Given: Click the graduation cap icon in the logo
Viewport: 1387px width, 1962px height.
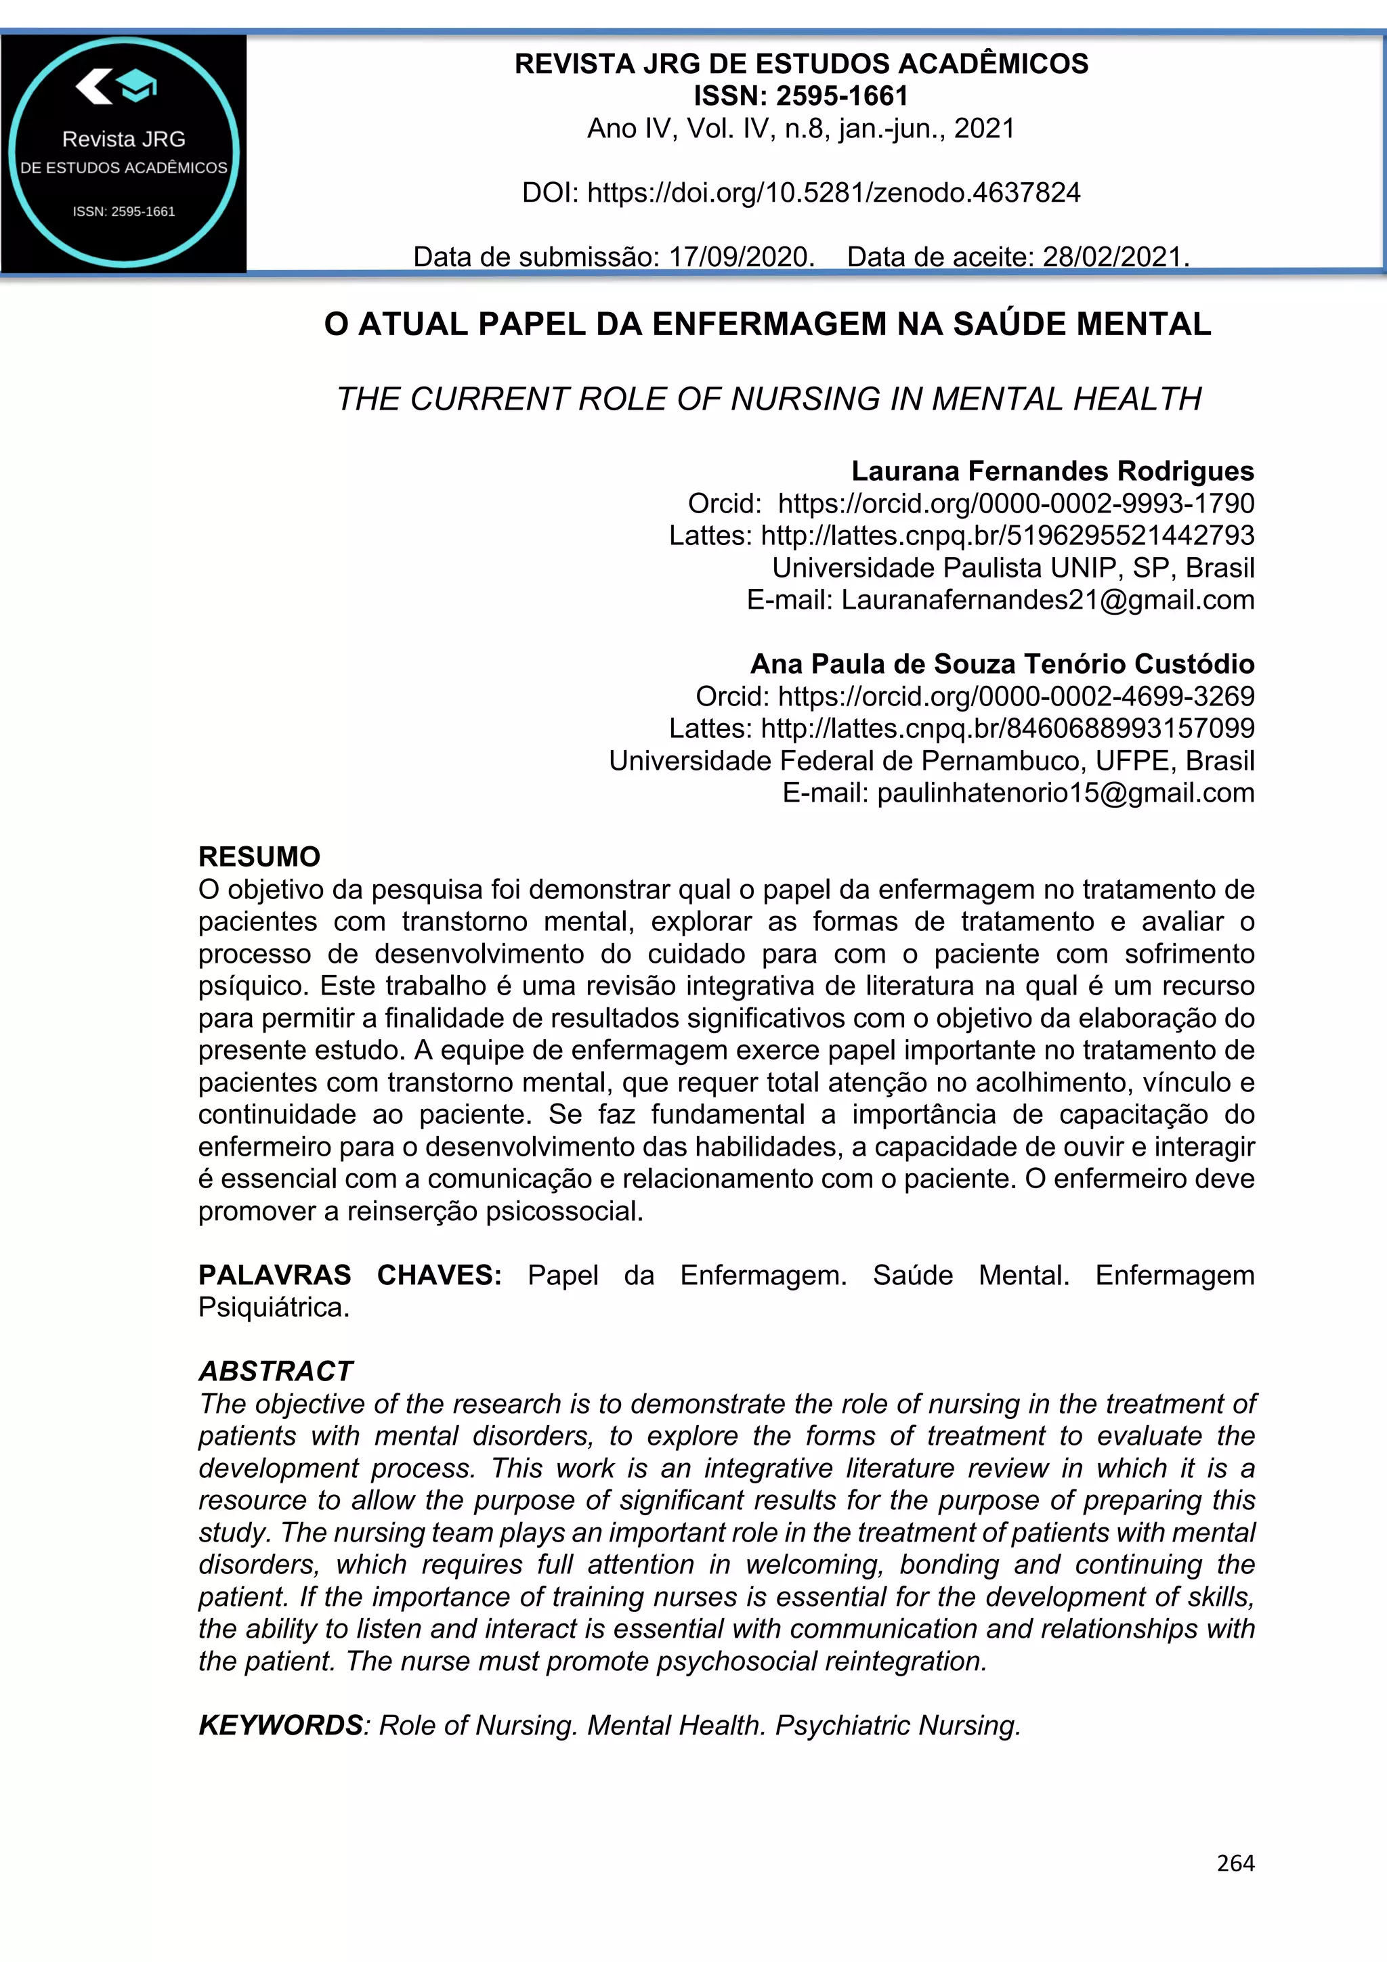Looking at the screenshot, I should tap(137, 85).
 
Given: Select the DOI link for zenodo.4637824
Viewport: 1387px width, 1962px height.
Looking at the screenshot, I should tap(833, 193).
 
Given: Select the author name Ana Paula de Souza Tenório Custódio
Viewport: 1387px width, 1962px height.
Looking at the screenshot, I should tap(1002, 664).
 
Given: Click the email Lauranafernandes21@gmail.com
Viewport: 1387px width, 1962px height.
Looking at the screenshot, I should tap(1047, 600).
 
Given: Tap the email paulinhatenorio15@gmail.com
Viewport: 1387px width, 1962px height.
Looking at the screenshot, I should tap(1065, 793).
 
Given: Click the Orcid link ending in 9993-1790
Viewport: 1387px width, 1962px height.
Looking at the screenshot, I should tap(1015, 503).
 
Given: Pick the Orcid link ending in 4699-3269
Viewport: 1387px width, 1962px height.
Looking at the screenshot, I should tap(1015, 697).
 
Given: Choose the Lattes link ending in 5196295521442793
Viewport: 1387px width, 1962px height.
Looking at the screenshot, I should tap(1006, 536).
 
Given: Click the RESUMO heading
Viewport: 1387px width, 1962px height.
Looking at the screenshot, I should tap(259, 856).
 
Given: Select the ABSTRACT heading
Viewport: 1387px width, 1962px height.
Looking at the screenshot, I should tap(275, 1371).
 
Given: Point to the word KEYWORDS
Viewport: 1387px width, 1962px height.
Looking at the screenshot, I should tap(281, 1725).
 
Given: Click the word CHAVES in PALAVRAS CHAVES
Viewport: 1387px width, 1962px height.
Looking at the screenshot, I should tap(438, 1275).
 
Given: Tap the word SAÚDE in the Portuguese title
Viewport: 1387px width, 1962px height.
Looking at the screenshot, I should tap(1002, 325).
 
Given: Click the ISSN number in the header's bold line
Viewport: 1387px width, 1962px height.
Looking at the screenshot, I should tap(842, 95).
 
